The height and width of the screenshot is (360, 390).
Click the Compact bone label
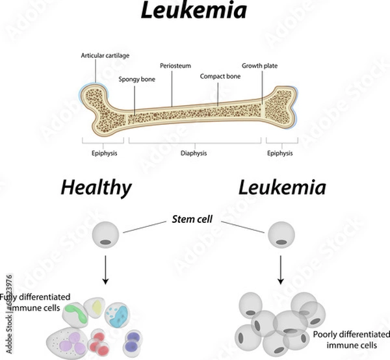pos(218,75)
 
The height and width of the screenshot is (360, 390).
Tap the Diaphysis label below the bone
pos(193,153)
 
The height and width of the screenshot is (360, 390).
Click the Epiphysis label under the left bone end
pos(103,153)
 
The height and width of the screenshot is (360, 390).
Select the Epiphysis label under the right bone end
pos(280,153)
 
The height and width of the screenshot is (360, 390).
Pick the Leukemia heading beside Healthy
pos(281,188)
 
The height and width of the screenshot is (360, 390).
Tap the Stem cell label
pos(194,220)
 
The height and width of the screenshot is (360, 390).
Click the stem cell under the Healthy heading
pos(106,235)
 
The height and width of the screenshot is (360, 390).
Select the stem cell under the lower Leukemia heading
pos(281,235)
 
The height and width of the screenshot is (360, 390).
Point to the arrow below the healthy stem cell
pos(106,270)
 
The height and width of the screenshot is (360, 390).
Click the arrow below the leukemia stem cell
pos(281,270)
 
